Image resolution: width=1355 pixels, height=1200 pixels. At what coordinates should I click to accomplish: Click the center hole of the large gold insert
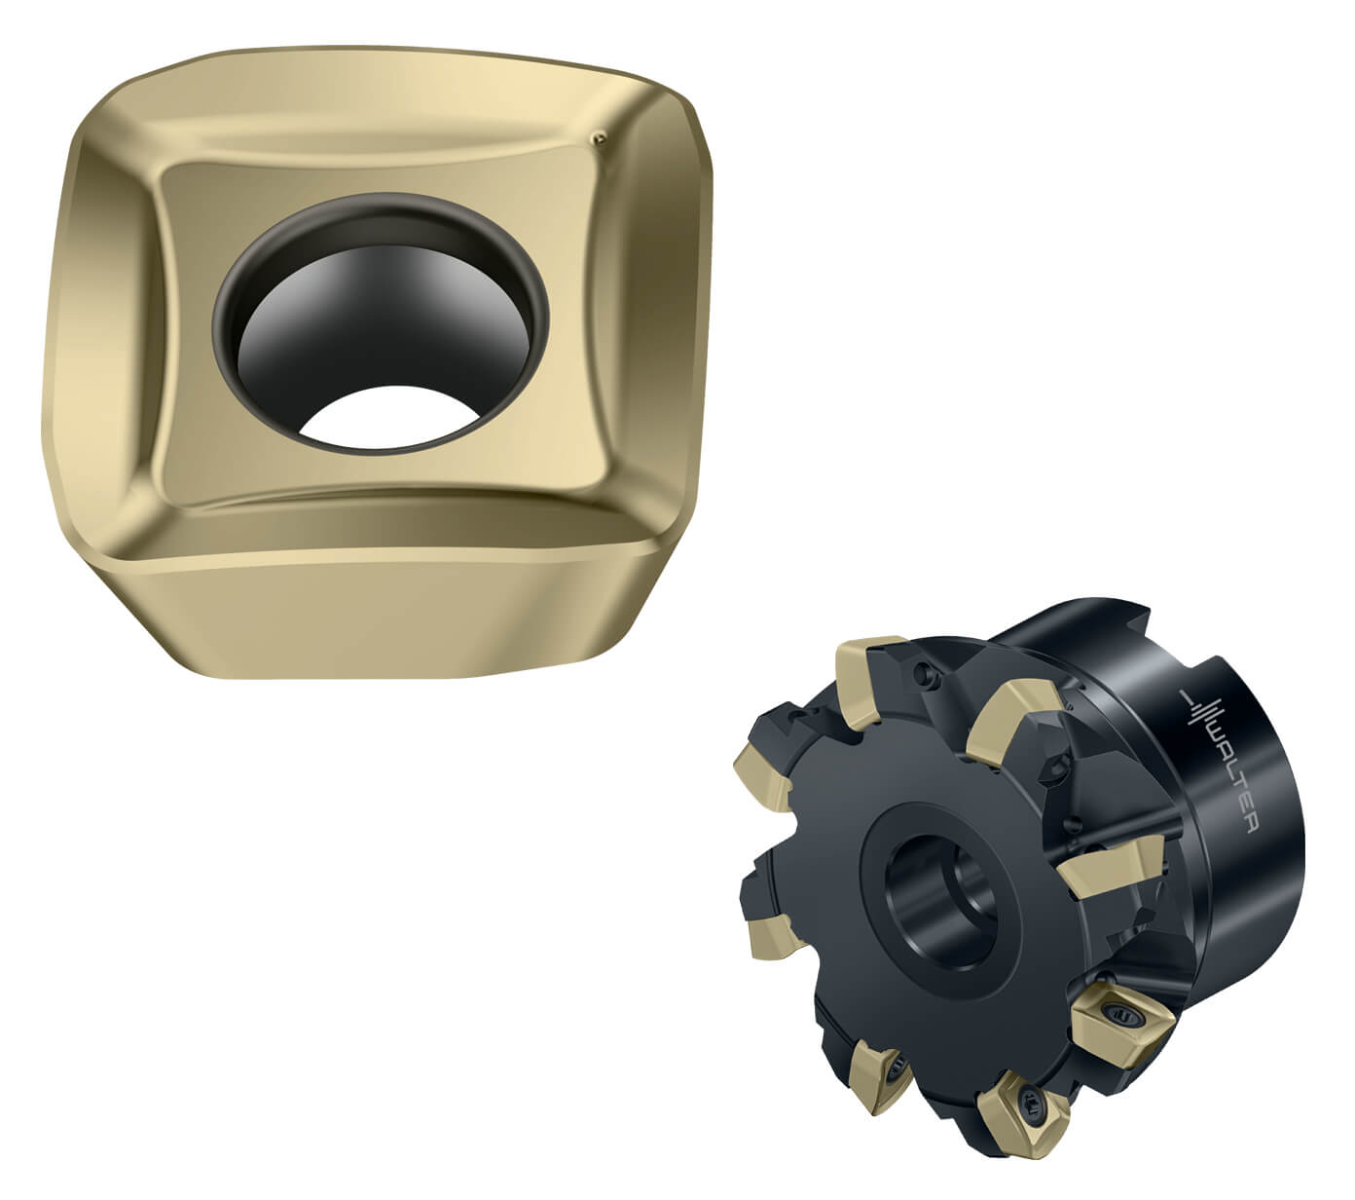click(380, 321)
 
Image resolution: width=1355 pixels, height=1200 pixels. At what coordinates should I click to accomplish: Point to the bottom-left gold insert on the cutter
click(881, 1071)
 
